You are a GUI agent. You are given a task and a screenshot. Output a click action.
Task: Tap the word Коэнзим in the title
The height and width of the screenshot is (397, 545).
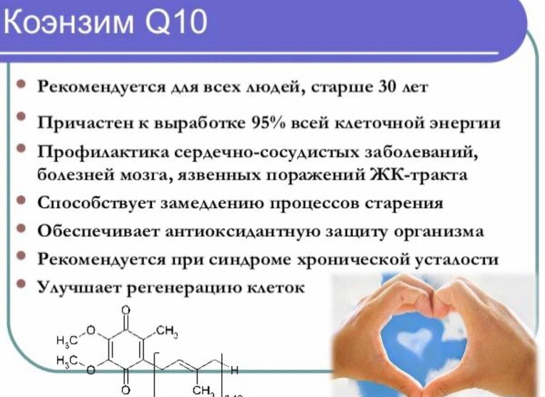[x=68, y=22]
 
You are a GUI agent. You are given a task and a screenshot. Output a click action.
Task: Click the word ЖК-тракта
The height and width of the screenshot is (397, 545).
[x=418, y=174]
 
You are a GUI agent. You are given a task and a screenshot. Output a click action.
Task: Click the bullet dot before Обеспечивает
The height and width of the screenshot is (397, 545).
[x=21, y=229]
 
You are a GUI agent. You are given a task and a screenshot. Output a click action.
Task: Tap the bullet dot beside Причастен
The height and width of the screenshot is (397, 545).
[x=21, y=116]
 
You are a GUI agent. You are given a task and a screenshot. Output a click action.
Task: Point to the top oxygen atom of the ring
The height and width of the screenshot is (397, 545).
[x=126, y=310]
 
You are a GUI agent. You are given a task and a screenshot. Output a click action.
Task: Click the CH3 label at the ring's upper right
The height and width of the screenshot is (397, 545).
[x=167, y=331]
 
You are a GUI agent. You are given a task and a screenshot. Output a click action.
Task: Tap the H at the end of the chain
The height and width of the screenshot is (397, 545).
[x=235, y=370]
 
